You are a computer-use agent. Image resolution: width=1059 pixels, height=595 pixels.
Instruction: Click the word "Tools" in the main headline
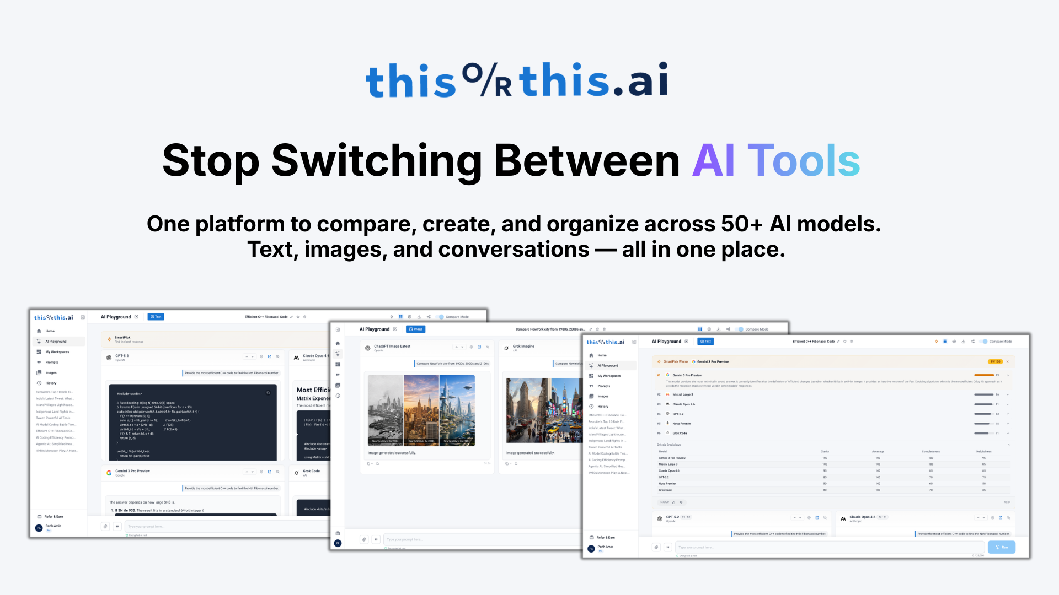point(803,161)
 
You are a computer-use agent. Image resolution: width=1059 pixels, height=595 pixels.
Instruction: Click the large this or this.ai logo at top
point(517,80)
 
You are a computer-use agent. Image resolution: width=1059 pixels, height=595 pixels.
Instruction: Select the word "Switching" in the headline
point(377,161)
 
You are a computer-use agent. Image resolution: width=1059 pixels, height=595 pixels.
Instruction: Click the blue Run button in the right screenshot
point(1001,547)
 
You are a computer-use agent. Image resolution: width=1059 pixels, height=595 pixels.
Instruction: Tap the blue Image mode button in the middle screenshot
point(416,329)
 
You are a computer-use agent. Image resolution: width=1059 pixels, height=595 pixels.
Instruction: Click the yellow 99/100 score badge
point(995,361)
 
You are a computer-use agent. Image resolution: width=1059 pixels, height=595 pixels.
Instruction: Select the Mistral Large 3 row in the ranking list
point(682,394)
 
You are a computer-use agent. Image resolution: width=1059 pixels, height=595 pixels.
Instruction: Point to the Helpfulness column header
point(983,451)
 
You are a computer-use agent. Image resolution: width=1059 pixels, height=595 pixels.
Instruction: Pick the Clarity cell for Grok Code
point(825,490)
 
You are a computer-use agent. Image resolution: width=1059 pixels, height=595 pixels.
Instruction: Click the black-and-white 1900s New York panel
point(386,410)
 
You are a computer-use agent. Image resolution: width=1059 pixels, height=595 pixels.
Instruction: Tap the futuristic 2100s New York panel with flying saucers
point(457,410)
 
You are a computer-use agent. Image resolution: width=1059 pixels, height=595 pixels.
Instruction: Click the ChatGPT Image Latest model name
point(392,347)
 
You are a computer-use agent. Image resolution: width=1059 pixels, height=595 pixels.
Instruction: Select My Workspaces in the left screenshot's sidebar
point(57,352)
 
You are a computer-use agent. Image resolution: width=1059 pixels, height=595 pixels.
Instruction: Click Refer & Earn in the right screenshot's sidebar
point(605,537)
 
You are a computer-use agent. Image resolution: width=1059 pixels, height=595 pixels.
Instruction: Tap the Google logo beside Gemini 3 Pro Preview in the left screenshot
point(109,473)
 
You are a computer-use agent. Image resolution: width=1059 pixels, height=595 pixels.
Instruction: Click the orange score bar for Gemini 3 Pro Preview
point(984,375)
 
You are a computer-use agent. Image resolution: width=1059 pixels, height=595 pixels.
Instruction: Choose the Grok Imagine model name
point(523,347)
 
